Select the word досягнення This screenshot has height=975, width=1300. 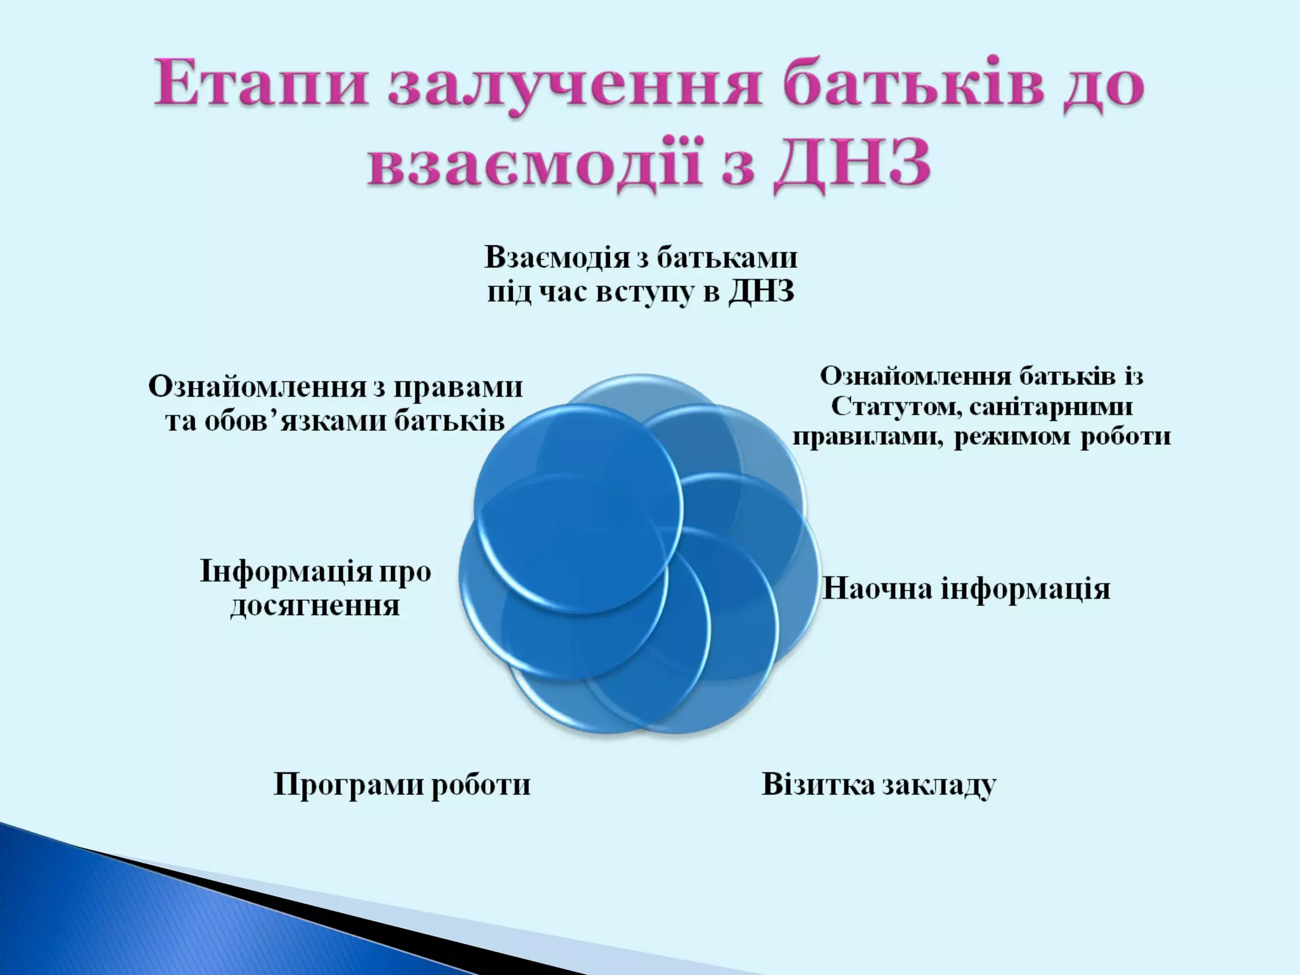click(x=315, y=606)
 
